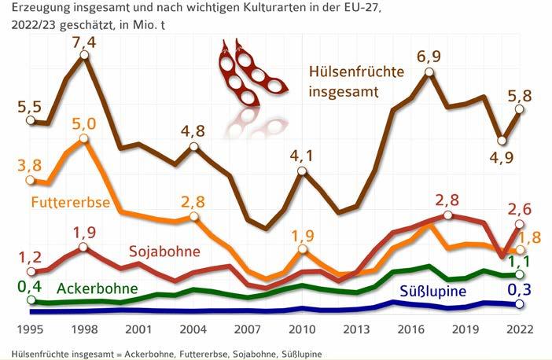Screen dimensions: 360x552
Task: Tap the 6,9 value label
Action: (429, 57)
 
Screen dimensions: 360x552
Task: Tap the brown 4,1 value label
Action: (302, 156)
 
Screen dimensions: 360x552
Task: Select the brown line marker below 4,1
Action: (302, 174)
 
